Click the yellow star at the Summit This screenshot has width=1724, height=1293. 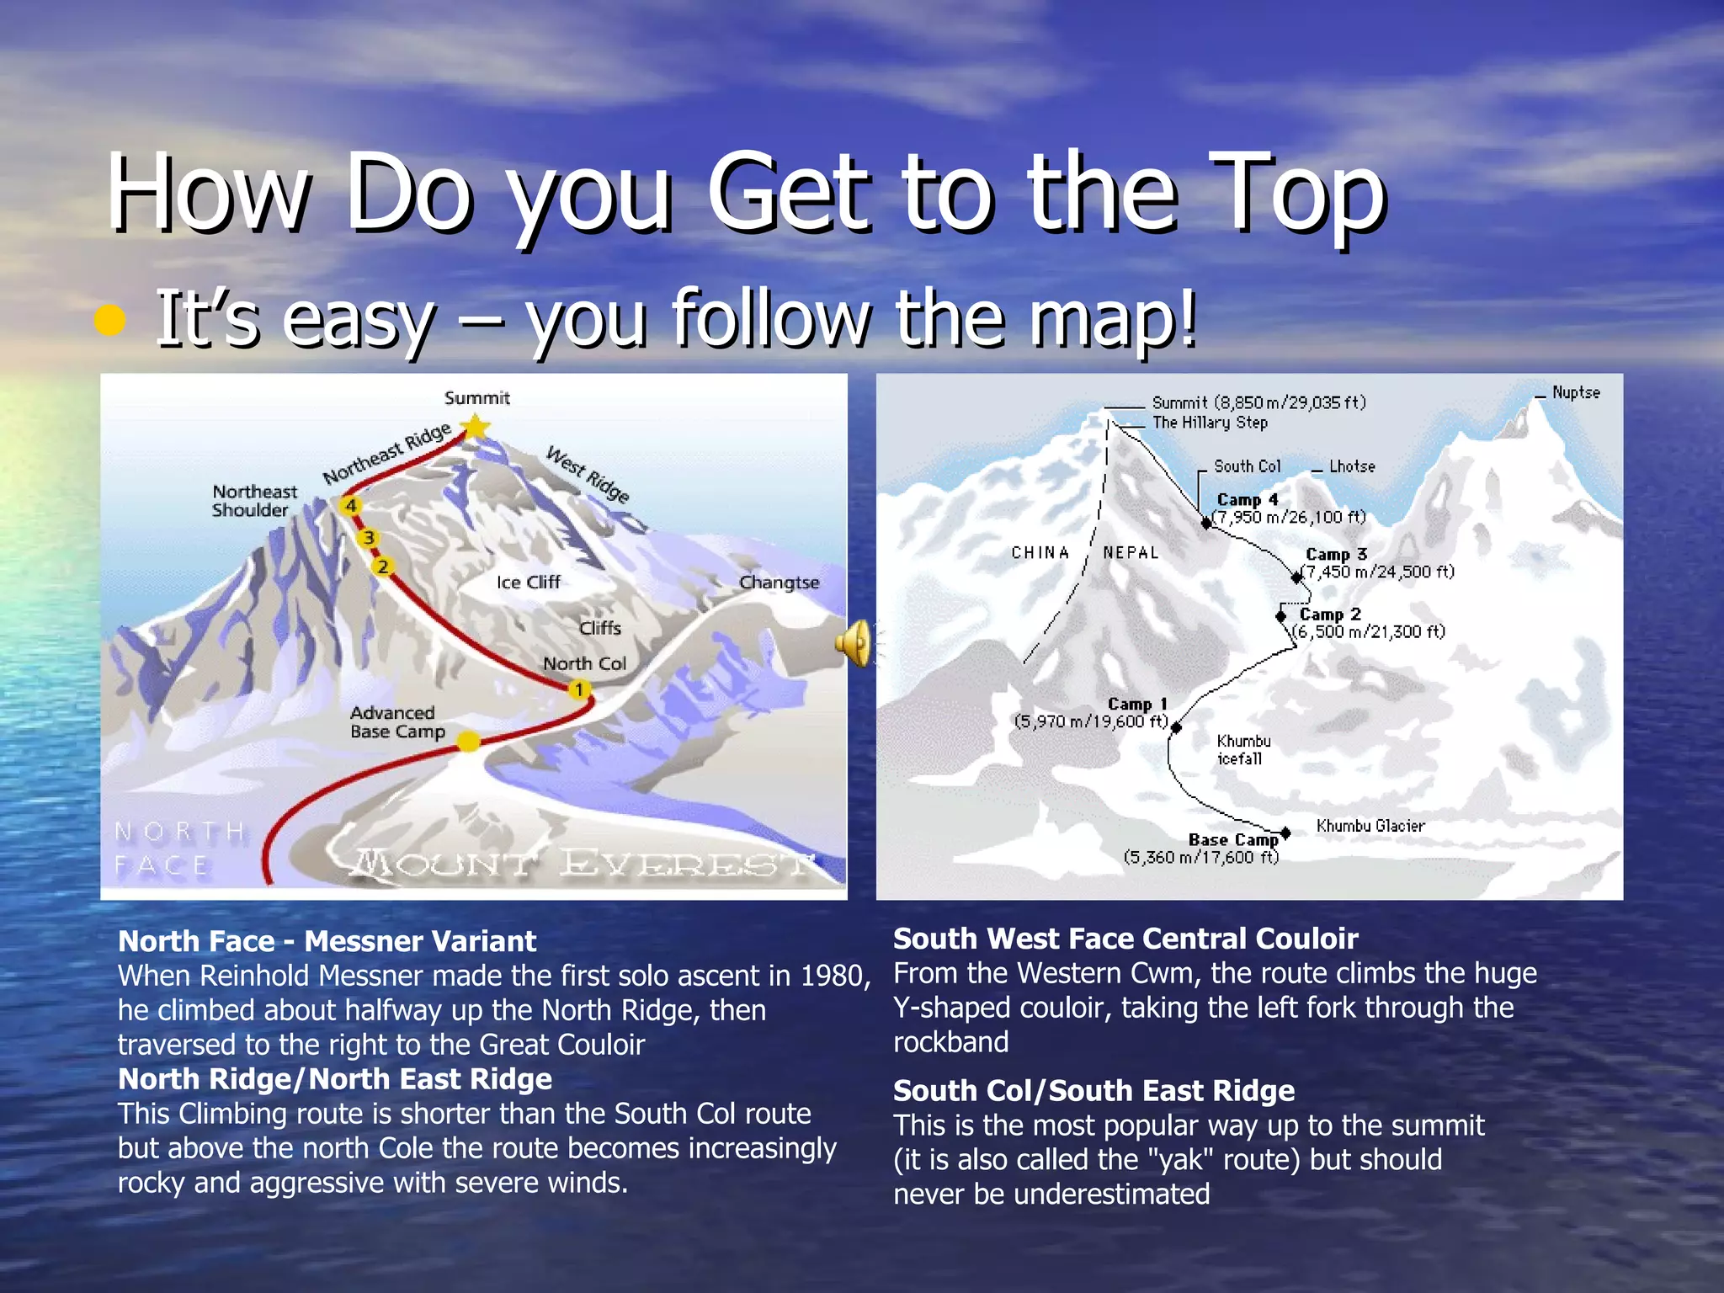tap(476, 427)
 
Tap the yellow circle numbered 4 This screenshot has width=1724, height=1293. tap(350, 505)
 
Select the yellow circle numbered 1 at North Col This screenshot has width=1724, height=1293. tap(579, 690)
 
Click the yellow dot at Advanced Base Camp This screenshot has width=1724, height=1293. tap(468, 742)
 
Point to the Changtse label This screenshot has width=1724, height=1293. tap(779, 583)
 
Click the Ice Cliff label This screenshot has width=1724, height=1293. tap(528, 583)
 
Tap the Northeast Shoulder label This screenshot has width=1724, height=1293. tap(254, 501)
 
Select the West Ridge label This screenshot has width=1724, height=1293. tap(588, 475)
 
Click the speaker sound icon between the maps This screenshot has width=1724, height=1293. tap(854, 644)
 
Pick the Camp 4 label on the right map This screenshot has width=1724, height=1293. tap(1248, 500)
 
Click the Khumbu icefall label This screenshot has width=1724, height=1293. tap(1243, 750)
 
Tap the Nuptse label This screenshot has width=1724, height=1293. tap(1576, 393)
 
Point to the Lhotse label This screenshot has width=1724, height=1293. tap(1352, 466)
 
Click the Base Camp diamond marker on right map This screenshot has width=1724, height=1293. tap(1285, 833)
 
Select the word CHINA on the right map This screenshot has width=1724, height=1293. tap(1040, 553)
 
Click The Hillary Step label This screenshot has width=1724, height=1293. tap(1210, 423)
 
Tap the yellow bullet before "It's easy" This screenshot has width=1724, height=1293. tap(110, 321)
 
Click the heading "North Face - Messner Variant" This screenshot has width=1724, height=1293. tap(327, 941)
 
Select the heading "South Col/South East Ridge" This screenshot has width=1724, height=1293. tap(1093, 1091)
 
